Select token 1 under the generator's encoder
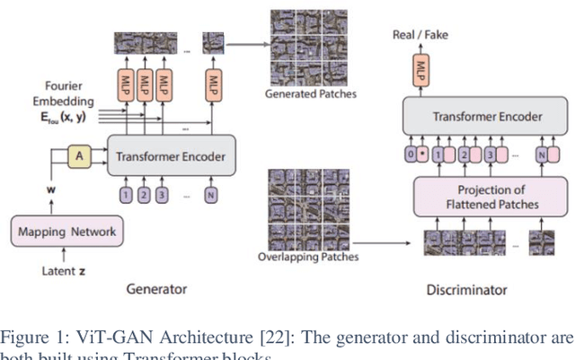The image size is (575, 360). point(126,193)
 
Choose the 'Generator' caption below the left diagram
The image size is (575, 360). point(157,289)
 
